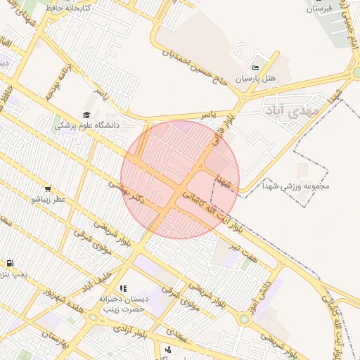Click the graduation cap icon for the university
click(x=86, y=115)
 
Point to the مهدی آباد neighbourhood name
click(x=290, y=111)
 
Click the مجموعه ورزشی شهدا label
click(x=296, y=186)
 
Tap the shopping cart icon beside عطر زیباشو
click(x=48, y=188)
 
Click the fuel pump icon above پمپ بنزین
click(x=10, y=264)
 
